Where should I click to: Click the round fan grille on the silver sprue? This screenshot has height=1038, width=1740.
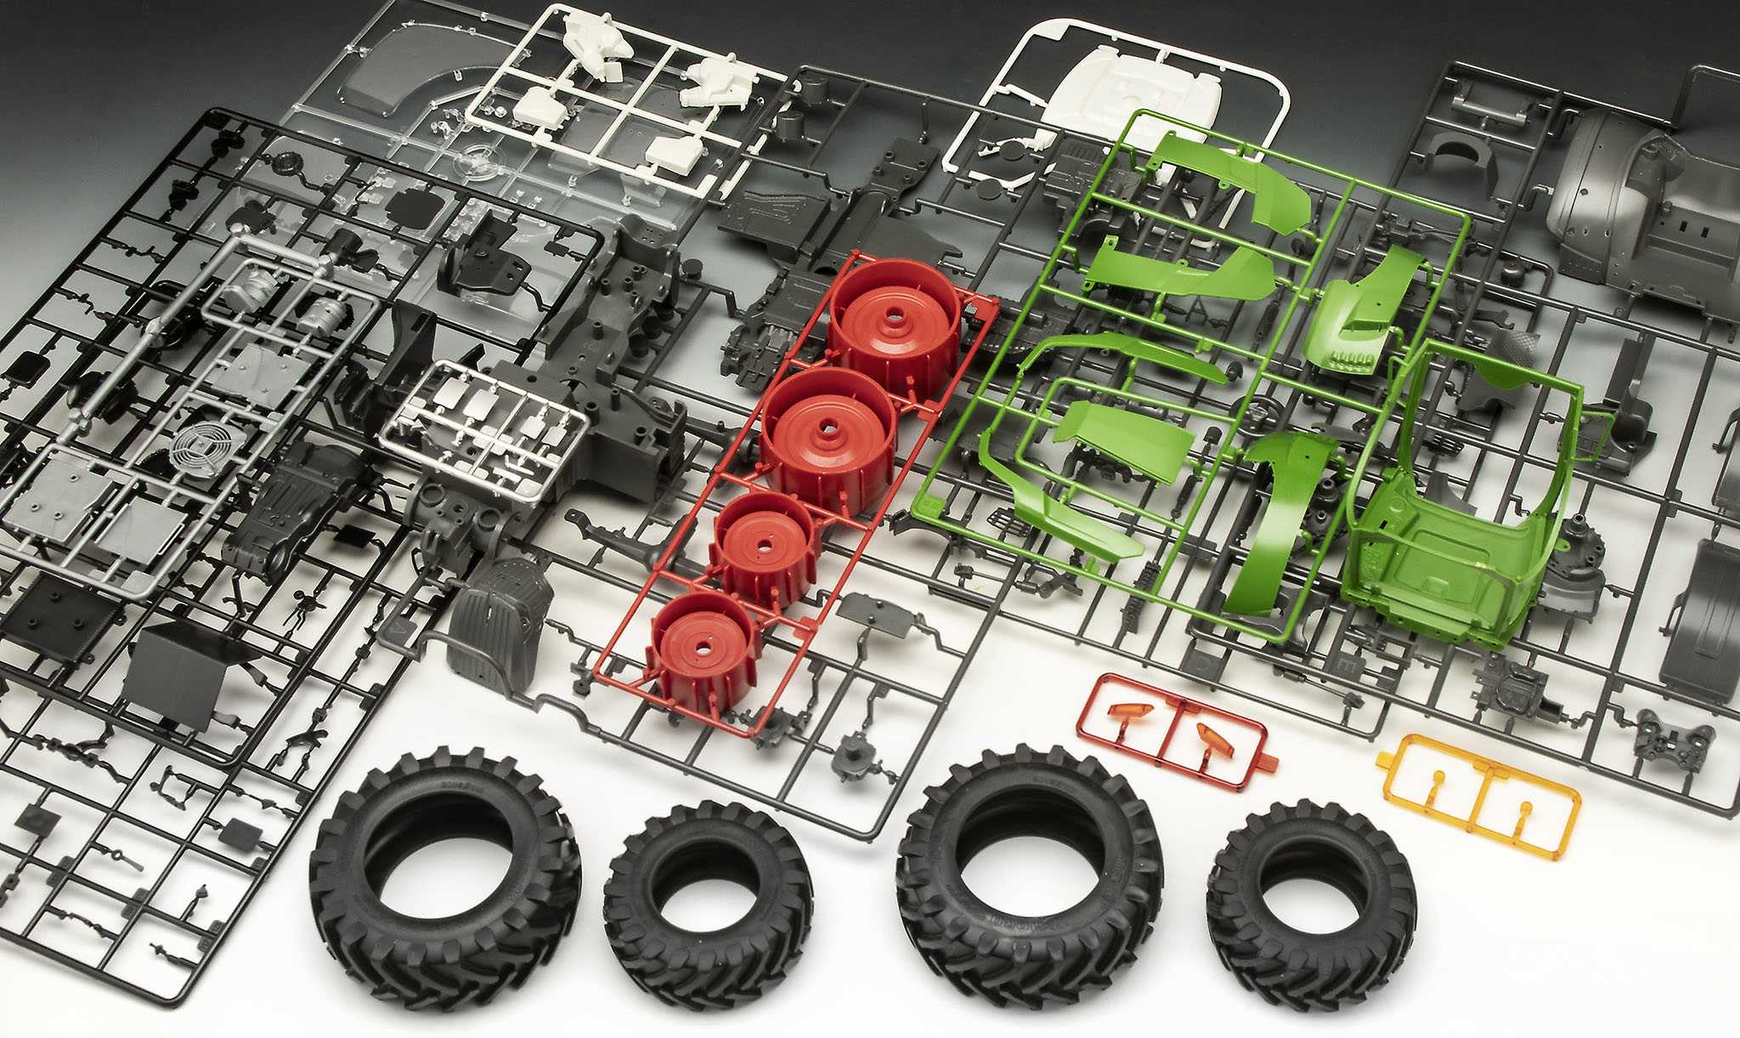(x=195, y=448)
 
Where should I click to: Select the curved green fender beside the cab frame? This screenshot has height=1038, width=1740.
(x=1283, y=519)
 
